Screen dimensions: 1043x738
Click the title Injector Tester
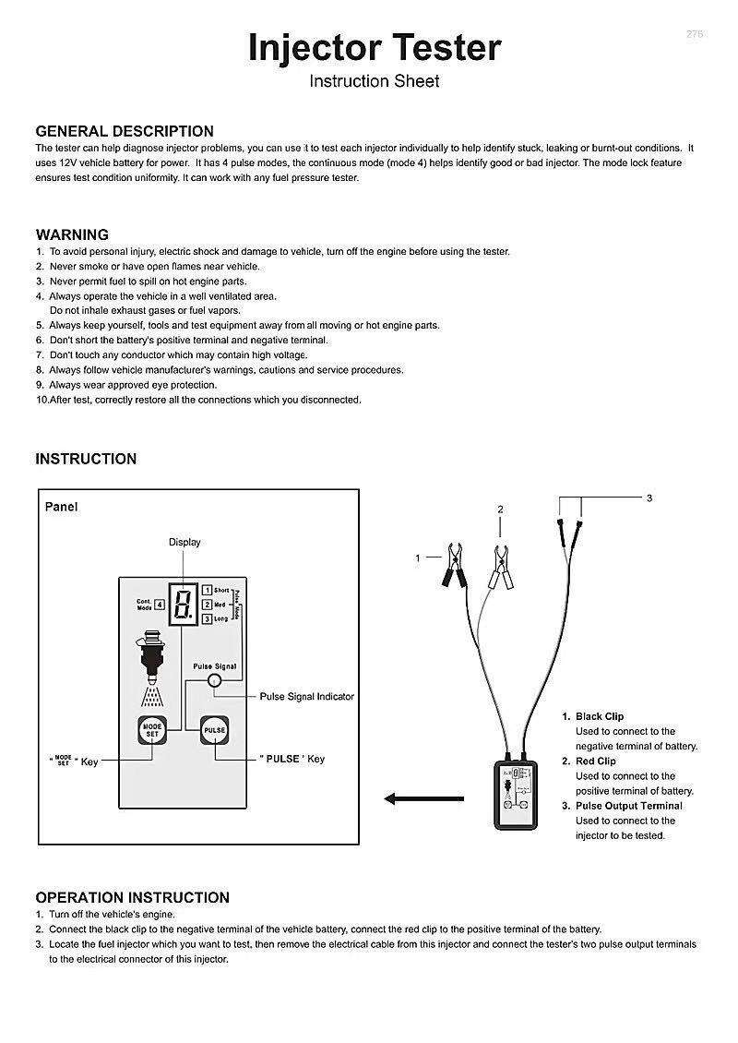tap(375, 48)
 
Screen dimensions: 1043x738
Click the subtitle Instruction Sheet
tap(375, 81)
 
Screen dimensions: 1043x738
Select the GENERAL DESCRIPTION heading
tap(125, 131)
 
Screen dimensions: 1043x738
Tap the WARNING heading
tap(72, 234)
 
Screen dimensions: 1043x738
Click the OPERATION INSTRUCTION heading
tap(133, 897)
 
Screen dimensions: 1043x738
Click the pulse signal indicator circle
tap(214, 681)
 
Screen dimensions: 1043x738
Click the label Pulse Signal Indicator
tap(306, 697)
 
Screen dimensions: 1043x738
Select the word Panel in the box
tap(62, 507)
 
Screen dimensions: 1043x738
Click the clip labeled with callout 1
tap(454, 564)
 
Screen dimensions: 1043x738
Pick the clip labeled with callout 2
tap(502, 564)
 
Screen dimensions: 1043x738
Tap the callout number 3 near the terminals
tap(649, 498)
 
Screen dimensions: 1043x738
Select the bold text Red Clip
tap(596, 761)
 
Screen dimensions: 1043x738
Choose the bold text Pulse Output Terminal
tap(629, 806)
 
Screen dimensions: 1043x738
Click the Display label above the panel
tap(184, 542)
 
